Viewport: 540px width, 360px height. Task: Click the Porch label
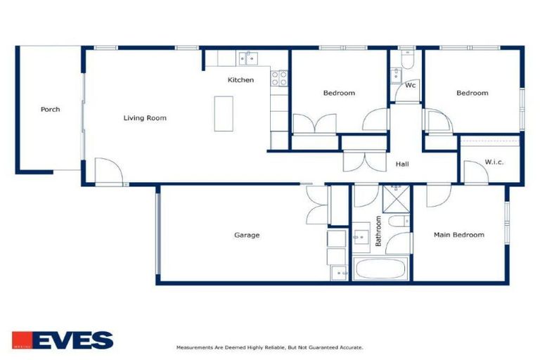point(50,109)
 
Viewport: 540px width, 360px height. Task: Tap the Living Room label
point(145,117)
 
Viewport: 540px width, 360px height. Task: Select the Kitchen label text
point(240,80)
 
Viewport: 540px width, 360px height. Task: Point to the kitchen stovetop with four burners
point(279,77)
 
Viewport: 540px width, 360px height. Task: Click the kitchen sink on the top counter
point(247,58)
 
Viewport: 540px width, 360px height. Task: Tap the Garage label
point(247,235)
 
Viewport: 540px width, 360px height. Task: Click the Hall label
point(402,164)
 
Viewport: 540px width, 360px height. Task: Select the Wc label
point(411,85)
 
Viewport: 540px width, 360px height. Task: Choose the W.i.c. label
point(494,162)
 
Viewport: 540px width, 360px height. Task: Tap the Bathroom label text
point(378,231)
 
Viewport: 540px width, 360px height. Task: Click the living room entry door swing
point(108,171)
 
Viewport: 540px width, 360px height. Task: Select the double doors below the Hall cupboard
point(363,162)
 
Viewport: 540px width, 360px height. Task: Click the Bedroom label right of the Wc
point(472,93)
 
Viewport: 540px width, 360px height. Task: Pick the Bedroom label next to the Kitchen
point(339,93)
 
